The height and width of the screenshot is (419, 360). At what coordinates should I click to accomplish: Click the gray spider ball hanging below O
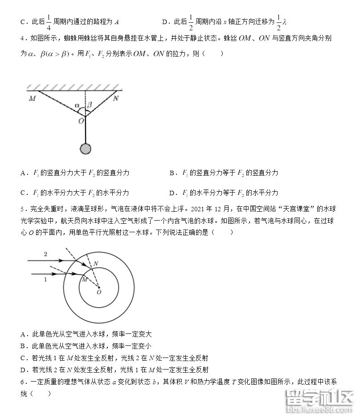point(86,149)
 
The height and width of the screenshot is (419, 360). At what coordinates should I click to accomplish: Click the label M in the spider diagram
point(32,99)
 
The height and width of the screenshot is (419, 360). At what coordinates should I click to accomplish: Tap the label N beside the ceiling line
point(116,99)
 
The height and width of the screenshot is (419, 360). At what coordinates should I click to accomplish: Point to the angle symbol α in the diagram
point(78,106)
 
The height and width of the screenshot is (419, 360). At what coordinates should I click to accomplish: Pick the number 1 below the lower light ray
point(45,279)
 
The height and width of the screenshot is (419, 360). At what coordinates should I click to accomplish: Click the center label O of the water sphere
point(99,292)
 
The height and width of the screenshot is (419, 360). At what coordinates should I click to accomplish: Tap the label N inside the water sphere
point(96,263)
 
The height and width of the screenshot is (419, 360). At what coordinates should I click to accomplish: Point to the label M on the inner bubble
point(84,279)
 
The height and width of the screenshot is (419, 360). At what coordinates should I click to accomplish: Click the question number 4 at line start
point(22,38)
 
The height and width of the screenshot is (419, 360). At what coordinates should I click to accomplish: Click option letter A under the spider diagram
point(23,173)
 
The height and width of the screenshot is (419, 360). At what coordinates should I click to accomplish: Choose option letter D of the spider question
point(172,193)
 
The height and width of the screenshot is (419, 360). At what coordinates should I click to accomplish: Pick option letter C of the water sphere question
point(23,357)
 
